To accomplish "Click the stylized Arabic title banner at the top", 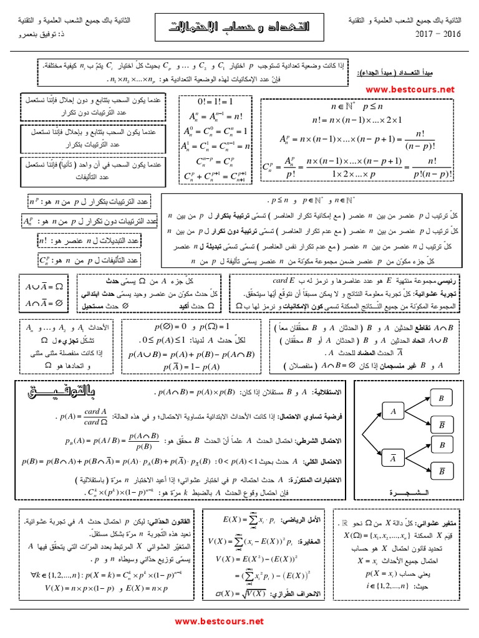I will point(239,27).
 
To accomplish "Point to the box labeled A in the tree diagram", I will point(393,411).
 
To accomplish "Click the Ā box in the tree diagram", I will point(393,458).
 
